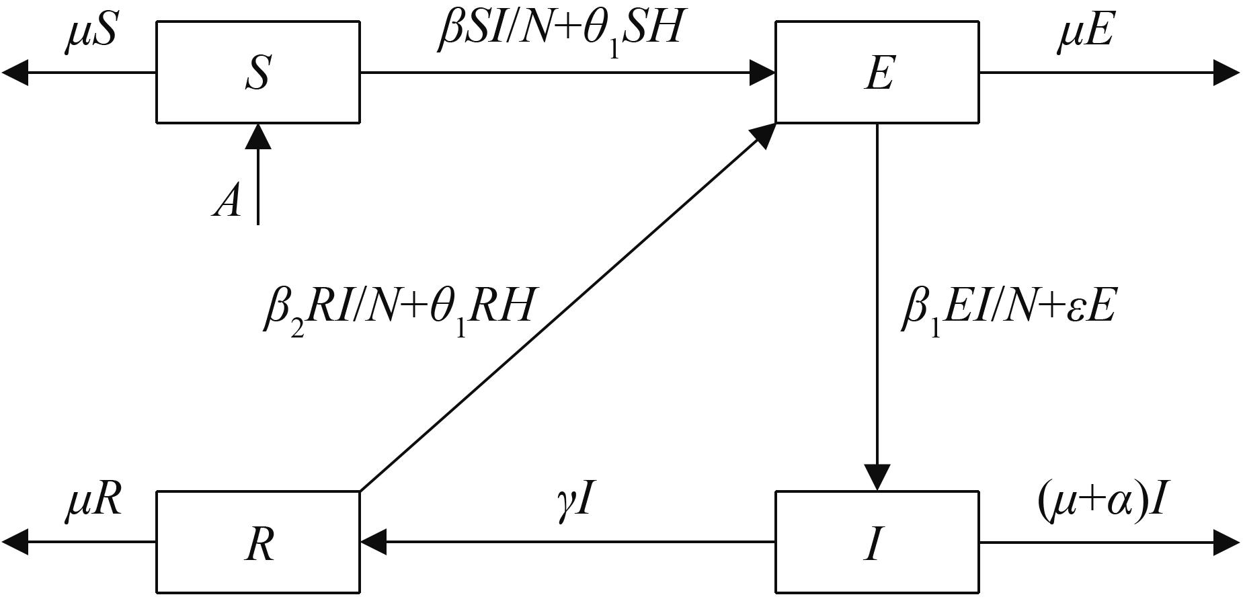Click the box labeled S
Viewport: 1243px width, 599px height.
(257, 72)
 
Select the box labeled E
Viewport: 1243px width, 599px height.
(877, 72)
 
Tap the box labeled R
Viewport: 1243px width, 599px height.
(257, 543)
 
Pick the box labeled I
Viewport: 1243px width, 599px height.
(877, 543)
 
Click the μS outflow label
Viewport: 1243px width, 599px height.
(91, 34)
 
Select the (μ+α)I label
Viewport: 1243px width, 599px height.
(1100, 502)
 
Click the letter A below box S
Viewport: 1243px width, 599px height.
(227, 200)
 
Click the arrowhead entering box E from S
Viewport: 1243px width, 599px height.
(763, 72)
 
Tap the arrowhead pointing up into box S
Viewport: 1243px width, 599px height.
(257, 136)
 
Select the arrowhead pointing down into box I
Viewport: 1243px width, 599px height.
(877, 477)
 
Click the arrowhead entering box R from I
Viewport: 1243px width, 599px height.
(373, 542)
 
